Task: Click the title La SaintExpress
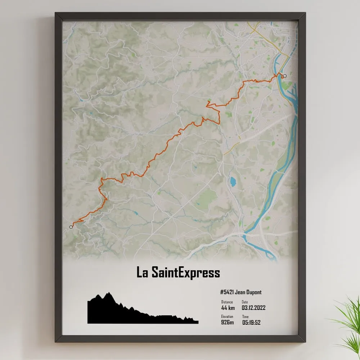(178, 272)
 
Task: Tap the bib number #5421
(226, 292)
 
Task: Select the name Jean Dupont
(248, 292)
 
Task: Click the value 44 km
(228, 308)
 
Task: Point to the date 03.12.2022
(253, 308)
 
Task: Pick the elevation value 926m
(227, 322)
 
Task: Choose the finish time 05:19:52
(251, 322)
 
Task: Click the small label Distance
(227, 302)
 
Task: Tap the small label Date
(245, 302)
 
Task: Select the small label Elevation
(227, 316)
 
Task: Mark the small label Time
(245, 316)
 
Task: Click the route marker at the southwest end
(71, 227)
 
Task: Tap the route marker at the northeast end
(285, 76)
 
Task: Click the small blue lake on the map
(233, 182)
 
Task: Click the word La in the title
(141, 272)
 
